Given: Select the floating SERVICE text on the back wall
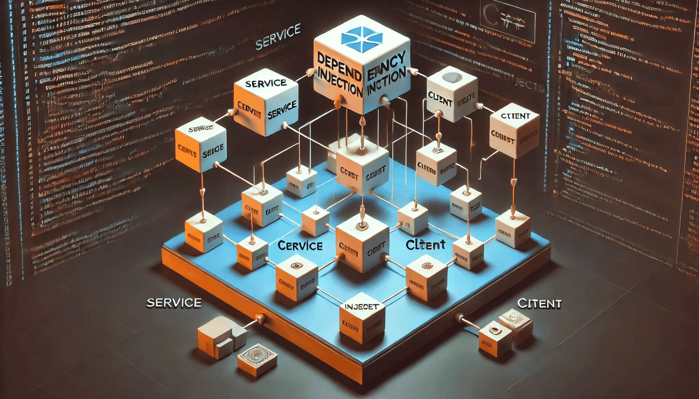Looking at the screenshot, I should point(278,37).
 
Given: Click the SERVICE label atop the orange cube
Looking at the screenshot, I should point(266,83).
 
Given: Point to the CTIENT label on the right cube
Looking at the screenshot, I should point(515,116).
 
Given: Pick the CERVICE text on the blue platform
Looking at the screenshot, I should point(300,245).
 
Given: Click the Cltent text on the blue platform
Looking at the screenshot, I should point(425,245).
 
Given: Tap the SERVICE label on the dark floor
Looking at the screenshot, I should point(174,303).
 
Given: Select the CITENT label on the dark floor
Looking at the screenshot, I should point(539,304).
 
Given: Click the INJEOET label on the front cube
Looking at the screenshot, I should point(361,307).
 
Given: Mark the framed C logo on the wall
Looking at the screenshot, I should point(507,21).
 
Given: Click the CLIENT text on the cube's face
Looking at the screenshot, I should point(440,99).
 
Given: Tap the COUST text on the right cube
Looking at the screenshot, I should point(502,136).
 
